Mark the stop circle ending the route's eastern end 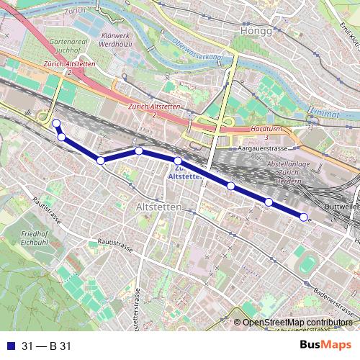point(304,217)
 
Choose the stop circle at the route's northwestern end point(55,123)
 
